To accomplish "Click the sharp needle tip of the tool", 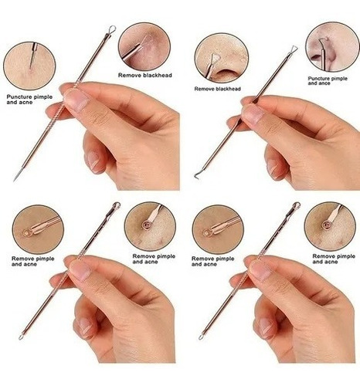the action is [x=15, y=180].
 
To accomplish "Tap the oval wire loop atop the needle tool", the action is [x=112, y=29].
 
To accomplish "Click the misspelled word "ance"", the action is [x=324, y=83].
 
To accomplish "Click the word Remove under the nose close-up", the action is [x=204, y=89].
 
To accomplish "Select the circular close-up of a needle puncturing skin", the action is [x=29, y=66].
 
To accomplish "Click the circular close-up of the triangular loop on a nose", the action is [x=222, y=59].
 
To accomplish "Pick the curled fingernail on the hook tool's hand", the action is [x=273, y=168].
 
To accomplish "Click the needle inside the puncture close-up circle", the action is [x=32, y=56].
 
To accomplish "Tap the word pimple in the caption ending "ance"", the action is [x=339, y=79].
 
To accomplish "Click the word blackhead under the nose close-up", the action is [x=228, y=89].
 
